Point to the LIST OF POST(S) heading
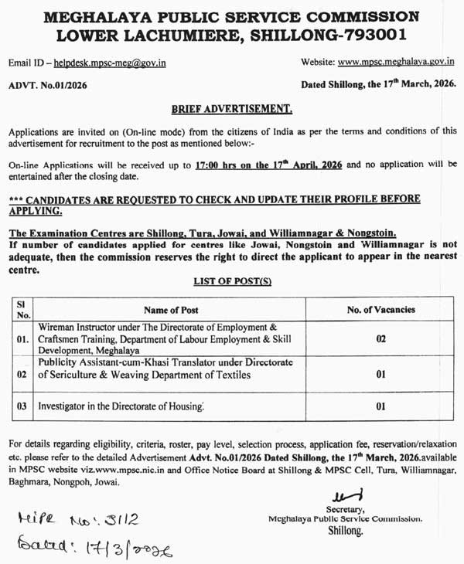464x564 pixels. coord(232,284)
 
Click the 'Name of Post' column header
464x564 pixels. coord(171,310)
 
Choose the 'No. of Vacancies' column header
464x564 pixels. coord(380,310)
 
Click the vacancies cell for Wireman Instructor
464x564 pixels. coord(380,338)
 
